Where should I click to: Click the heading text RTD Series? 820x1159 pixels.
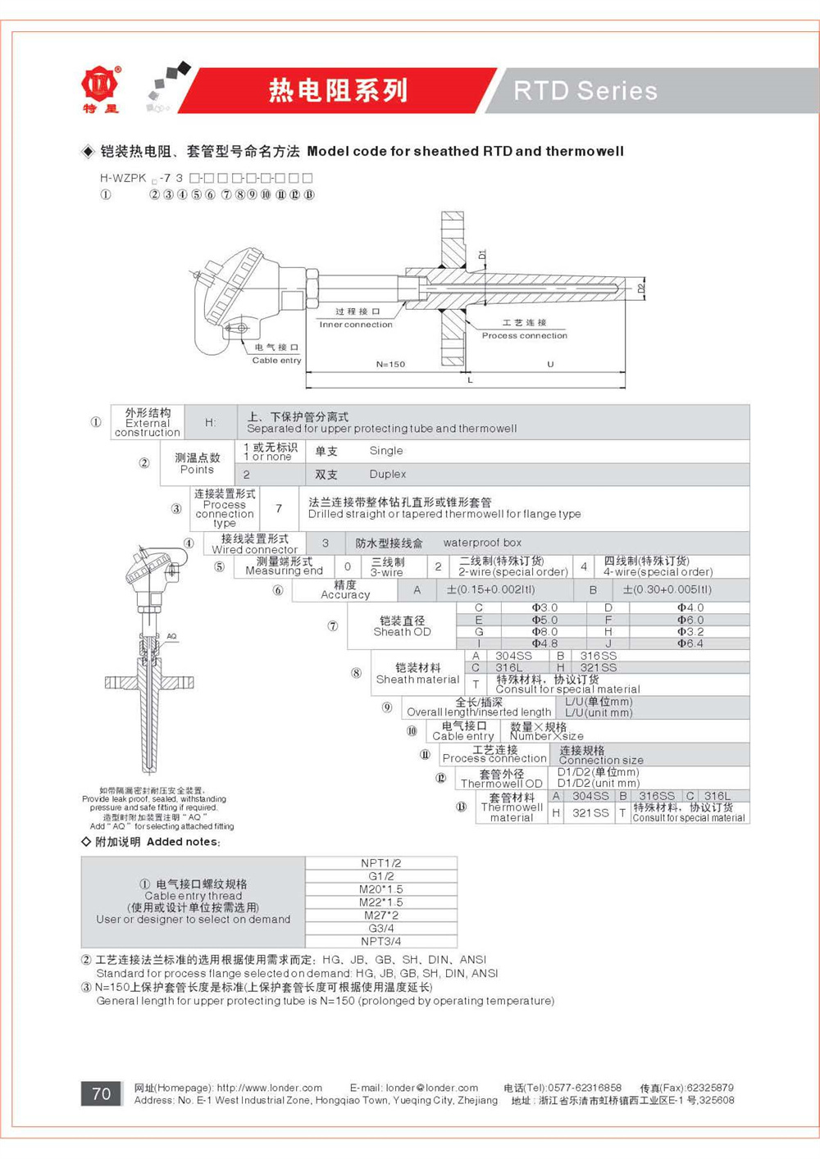pyautogui.click(x=585, y=91)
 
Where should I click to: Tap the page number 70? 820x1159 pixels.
pyautogui.click(x=101, y=1093)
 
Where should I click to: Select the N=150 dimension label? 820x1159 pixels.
pyautogui.click(x=390, y=364)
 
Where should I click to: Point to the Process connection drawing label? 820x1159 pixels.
pyautogui.click(x=524, y=335)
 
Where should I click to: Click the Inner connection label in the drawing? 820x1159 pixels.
pyautogui.click(x=356, y=325)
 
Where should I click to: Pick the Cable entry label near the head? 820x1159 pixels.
pyautogui.click(x=276, y=360)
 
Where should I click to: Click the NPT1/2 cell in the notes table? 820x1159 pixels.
pyautogui.click(x=381, y=863)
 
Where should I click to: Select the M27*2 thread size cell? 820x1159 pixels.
pyautogui.click(x=381, y=915)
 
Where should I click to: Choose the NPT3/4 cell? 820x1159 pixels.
pyautogui.click(x=381, y=941)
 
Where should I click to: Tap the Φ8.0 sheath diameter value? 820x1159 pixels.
pyautogui.click(x=544, y=632)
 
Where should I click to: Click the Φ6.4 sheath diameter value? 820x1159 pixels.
pyautogui.click(x=690, y=643)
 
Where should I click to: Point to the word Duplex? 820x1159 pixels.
pyautogui.click(x=388, y=475)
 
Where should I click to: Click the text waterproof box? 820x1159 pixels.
pyautogui.click(x=482, y=543)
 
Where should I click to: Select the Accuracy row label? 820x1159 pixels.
pyautogui.click(x=345, y=590)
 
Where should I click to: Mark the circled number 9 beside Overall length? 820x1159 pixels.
pyautogui.click(x=387, y=707)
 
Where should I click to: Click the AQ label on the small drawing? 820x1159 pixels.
pyautogui.click(x=171, y=636)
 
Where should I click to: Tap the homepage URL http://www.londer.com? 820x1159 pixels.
pyautogui.click(x=269, y=1088)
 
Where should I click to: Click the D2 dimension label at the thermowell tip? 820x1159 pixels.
pyautogui.click(x=642, y=288)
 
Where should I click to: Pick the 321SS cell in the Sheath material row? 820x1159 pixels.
pyautogui.click(x=599, y=668)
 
